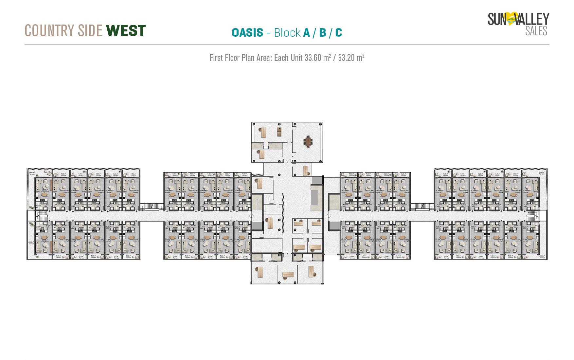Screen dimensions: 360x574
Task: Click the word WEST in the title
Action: (126, 30)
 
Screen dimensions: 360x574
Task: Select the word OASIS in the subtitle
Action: (247, 33)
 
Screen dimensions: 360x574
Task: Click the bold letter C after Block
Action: (338, 33)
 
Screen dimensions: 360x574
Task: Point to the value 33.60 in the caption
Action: (313, 58)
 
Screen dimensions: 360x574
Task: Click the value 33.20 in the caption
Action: (346, 58)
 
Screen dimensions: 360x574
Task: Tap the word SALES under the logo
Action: (536, 31)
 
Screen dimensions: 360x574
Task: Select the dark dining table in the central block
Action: (308, 142)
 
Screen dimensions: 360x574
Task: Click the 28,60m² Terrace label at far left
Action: (32, 173)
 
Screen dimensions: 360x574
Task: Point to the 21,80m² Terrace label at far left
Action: (31, 243)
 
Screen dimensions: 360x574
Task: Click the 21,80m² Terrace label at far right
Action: (542, 257)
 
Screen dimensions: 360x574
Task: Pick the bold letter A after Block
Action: (306, 33)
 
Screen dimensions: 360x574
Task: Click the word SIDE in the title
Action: (90, 31)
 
